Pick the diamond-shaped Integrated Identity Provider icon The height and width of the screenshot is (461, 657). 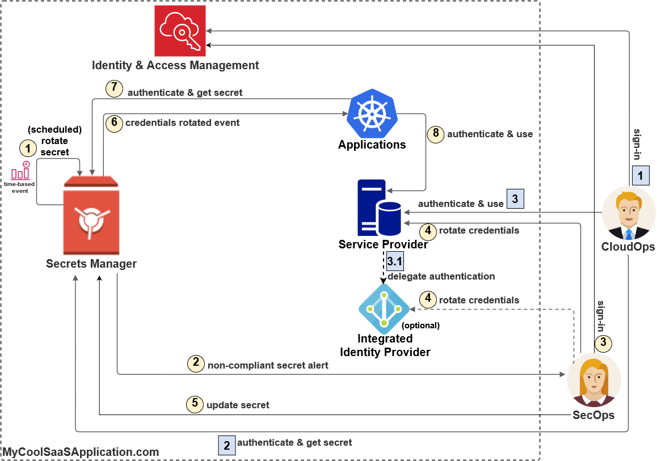click(384, 309)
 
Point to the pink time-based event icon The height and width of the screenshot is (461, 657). click(20, 172)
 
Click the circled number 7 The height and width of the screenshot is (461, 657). click(114, 89)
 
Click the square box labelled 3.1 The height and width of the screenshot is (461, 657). click(394, 261)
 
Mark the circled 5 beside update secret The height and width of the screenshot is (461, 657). click(195, 404)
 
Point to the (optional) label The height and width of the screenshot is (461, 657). click(420, 325)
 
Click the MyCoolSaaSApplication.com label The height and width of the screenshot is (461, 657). click(81, 452)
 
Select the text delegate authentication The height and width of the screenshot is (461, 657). click(441, 276)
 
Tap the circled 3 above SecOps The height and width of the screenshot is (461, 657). click(603, 342)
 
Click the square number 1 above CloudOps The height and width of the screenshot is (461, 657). click(641, 176)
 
